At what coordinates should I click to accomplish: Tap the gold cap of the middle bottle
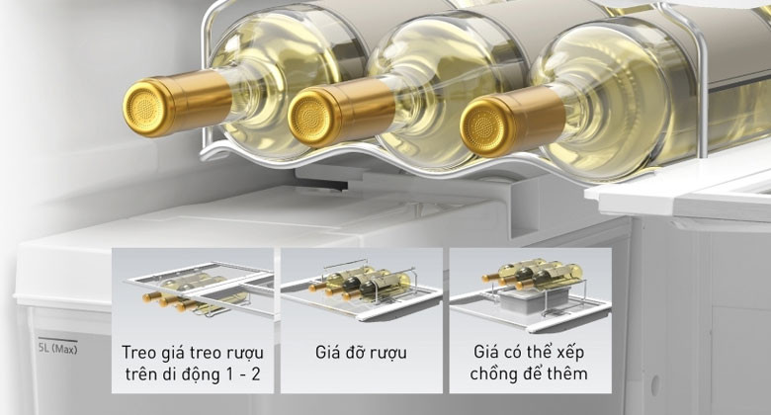310,117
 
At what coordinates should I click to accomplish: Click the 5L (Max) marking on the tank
58,349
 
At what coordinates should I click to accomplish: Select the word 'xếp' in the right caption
571,353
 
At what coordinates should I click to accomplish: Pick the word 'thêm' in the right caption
568,373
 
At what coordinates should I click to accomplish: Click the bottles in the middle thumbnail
361,284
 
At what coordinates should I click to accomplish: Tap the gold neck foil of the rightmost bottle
538,117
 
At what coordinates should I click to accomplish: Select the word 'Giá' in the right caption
485,352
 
